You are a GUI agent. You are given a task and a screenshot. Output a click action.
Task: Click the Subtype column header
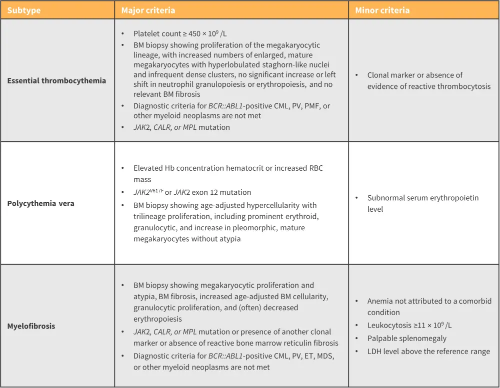(23, 10)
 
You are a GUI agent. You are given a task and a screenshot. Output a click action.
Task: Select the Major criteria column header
(148, 10)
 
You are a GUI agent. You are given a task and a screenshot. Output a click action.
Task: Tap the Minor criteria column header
(382, 10)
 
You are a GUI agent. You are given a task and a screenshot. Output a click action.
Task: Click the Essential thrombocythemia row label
(56, 80)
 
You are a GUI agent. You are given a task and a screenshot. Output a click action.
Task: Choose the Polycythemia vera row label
(40, 203)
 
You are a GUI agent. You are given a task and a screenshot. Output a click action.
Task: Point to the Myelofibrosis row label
(31, 326)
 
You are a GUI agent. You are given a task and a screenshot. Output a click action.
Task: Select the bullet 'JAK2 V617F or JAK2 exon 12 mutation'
(192, 192)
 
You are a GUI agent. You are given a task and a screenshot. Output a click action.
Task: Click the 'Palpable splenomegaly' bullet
(406, 339)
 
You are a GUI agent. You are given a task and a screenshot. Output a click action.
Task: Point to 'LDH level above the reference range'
(428, 352)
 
